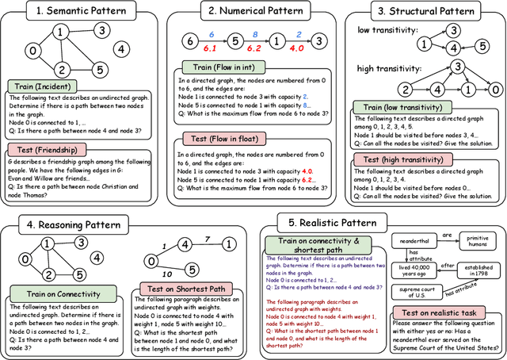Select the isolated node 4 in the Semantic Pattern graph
tap(120, 49)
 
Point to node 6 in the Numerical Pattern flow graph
tap(188, 40)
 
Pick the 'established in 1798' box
tap(475, 272)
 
